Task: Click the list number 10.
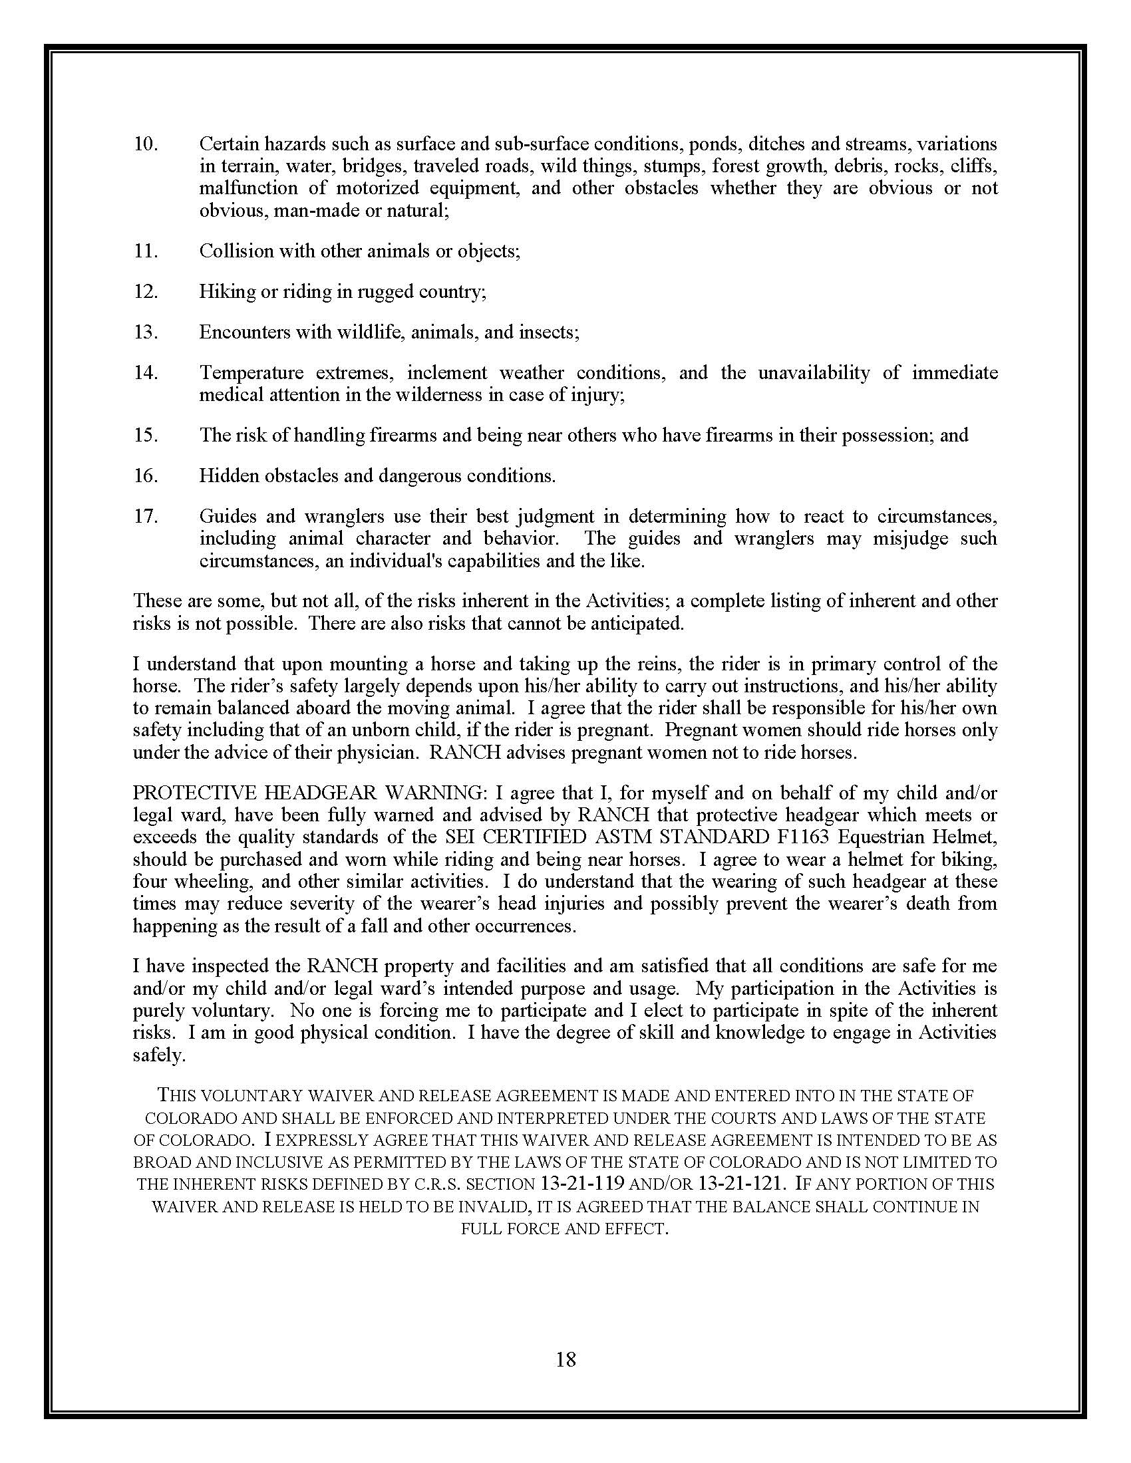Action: pyautogui.click(x=146, y=144)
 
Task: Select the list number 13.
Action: pyautogui.click(x=146, y=332)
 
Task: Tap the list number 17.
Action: pyautogui.click(x=146, y=517)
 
